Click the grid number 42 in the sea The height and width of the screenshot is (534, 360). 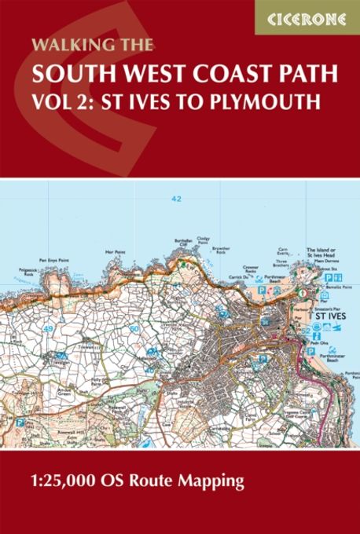[175, 199]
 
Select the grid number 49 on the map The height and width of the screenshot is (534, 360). [50, 327]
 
